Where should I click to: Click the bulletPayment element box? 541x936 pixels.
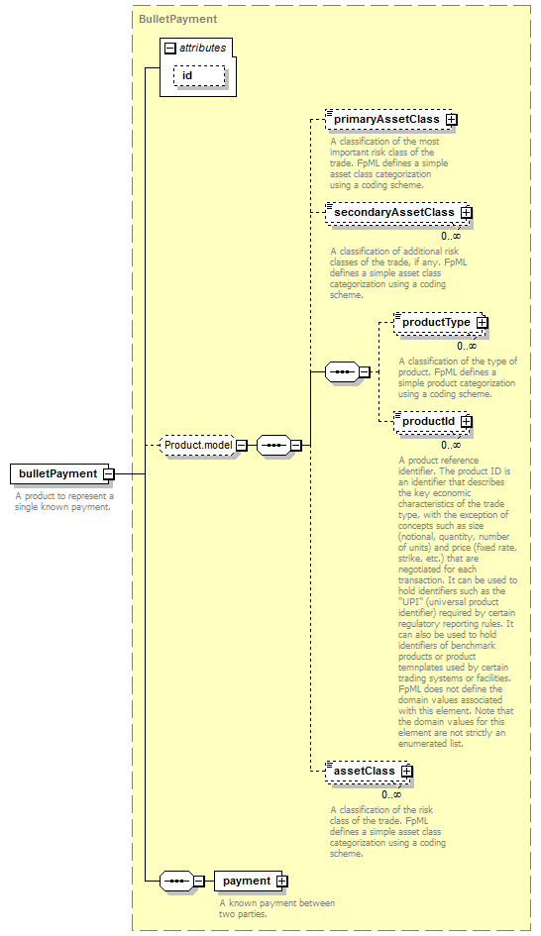[x=59, y=474]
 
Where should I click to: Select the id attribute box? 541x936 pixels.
[x=199, y=76]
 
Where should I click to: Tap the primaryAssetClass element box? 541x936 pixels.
[x=391, y=120]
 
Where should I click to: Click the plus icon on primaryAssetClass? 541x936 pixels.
[x=452, y=120]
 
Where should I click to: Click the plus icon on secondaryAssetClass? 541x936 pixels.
[x=466, y=213]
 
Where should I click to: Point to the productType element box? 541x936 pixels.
[x=441, y=322]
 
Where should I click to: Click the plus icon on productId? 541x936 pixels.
[x=466, y=421]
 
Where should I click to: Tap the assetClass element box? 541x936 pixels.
[x=369, y=772]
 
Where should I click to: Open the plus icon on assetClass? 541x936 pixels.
[x=406, y=772]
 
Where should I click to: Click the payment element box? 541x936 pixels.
[x=251, y=882]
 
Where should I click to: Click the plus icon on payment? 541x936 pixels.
[x=281, y=882]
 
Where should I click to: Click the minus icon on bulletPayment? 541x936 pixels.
[x=108, y=474]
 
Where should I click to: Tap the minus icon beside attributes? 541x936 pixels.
[x=170, y=49]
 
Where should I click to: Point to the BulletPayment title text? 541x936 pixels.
[x=178, y=19]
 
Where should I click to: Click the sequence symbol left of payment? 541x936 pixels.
[x=176, y=882]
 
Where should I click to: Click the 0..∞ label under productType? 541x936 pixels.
[x=467, y=346]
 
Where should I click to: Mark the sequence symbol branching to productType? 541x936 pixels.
[x=343, y=372]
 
